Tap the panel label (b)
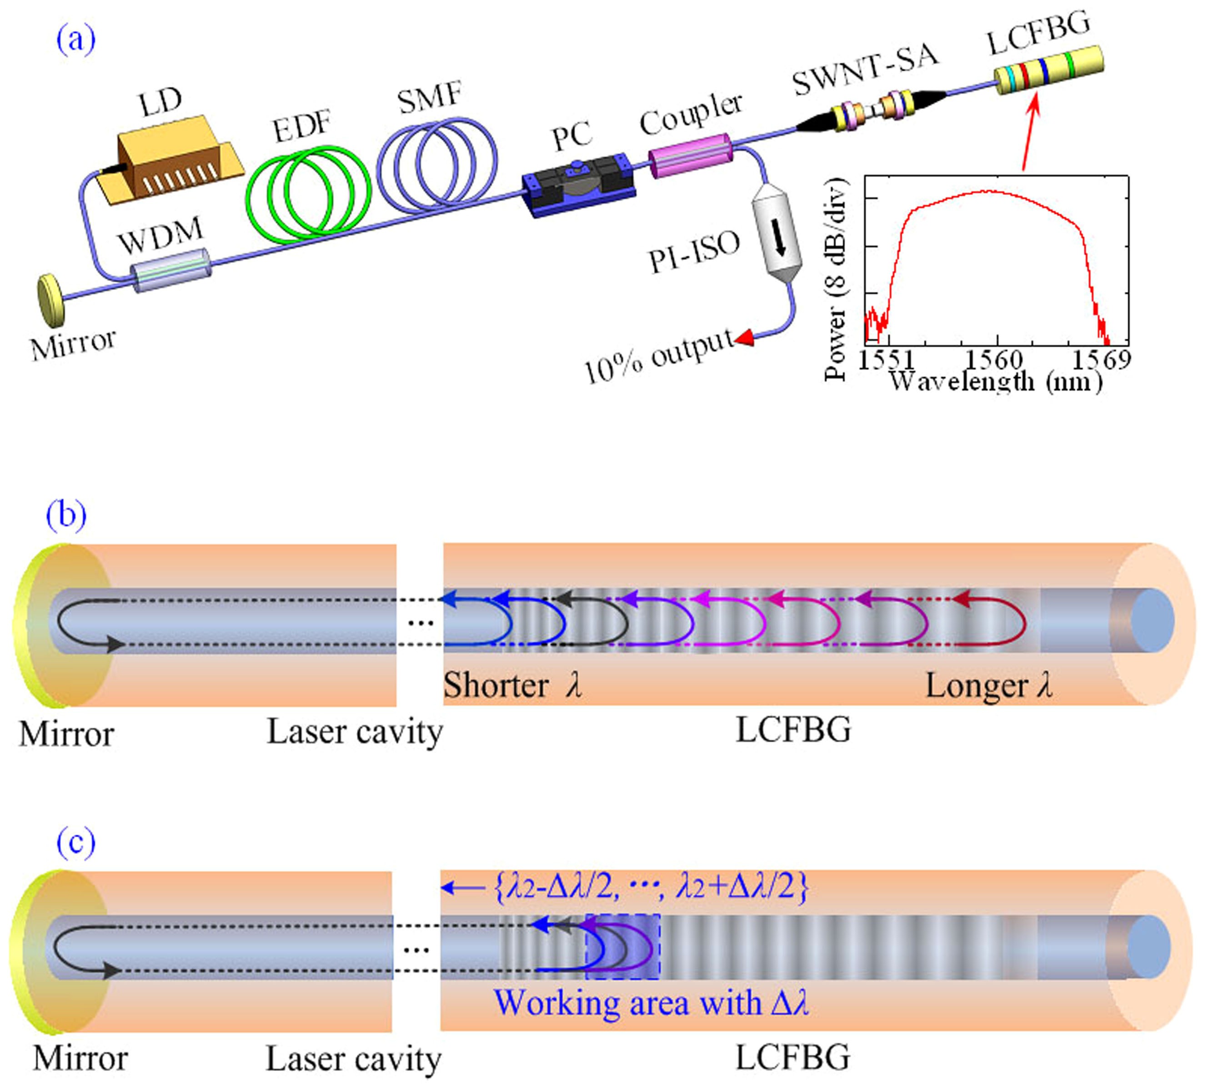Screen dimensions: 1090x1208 point(66,515)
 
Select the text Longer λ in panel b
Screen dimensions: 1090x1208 point(989,686)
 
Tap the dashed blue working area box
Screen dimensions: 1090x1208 point(623,946)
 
